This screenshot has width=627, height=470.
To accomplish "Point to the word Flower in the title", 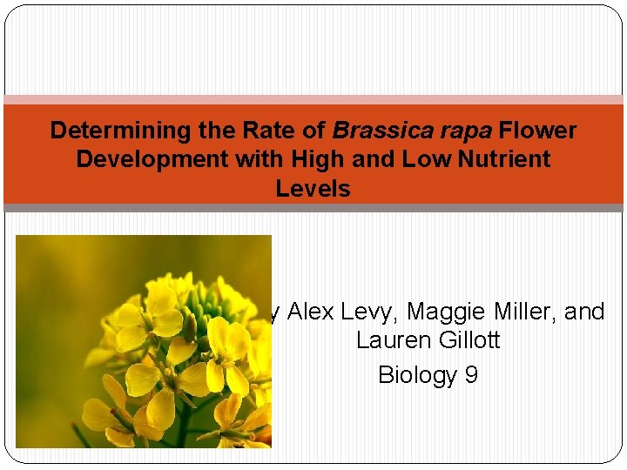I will (538, 131).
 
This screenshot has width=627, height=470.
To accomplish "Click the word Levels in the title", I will (313, 188).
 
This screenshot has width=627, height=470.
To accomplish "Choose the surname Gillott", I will (468, 340).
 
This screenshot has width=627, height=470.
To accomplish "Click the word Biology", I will (417, 374).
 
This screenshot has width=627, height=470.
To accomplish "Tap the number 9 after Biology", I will (470, 374).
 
